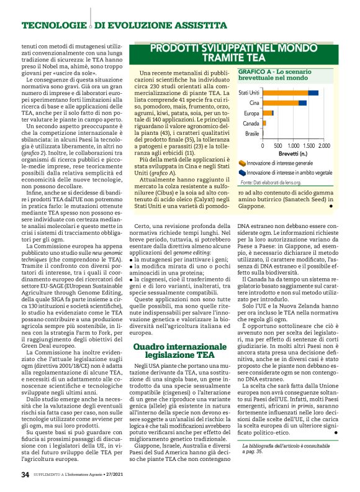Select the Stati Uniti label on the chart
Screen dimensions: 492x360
249,93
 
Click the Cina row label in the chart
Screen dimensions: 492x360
254,102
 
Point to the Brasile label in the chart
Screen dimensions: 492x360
252,134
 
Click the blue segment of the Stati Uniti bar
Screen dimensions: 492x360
313,93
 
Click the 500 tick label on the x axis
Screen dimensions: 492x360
279,144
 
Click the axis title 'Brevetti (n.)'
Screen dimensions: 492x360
294,152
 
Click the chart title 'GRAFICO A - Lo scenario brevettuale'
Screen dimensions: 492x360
275,76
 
